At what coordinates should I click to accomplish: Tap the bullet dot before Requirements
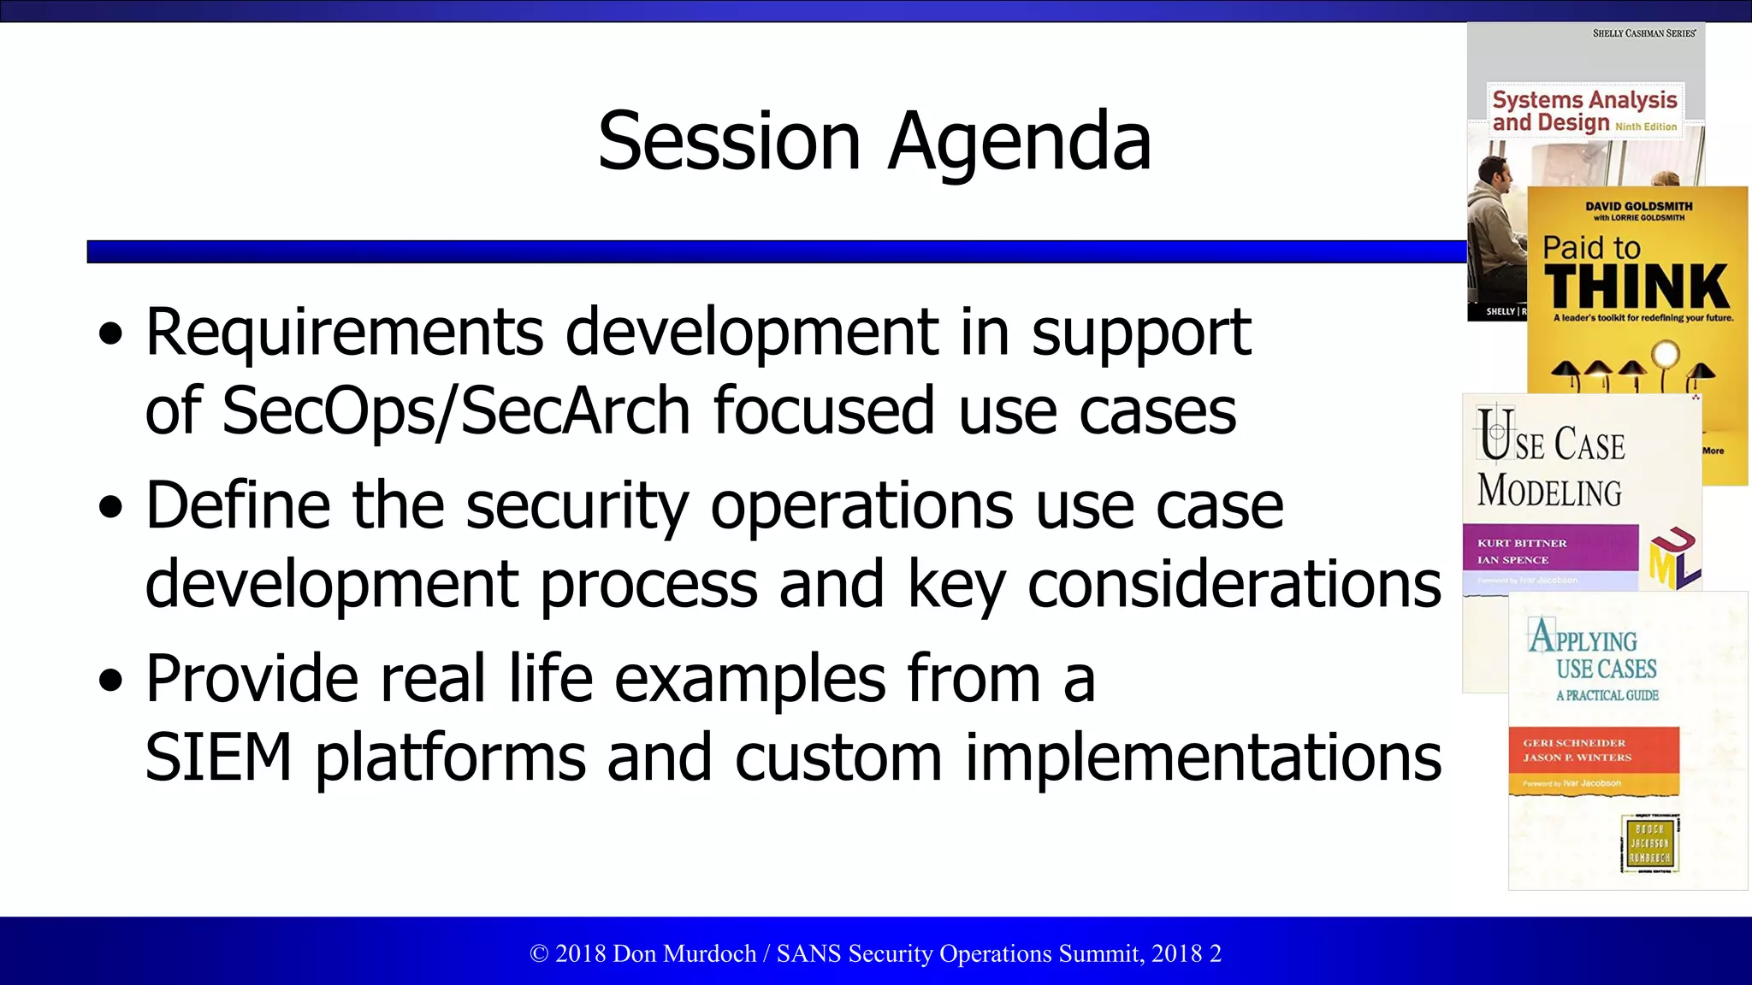111,334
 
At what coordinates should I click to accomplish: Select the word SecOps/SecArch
455,411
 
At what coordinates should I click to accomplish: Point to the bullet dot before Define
111,507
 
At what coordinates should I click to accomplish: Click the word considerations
1234,585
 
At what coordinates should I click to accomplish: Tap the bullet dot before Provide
111,681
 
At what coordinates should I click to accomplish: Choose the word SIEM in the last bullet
218,758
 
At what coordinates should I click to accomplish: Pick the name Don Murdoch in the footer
684,953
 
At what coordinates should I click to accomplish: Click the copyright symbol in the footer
539,954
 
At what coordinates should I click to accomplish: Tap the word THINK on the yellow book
1637,286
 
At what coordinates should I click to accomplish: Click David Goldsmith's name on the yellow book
1638,206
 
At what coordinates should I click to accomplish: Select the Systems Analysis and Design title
1584,111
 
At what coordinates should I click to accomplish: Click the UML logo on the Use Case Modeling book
1674,559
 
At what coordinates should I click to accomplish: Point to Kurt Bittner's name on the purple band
1522,543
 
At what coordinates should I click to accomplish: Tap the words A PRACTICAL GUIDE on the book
1607,696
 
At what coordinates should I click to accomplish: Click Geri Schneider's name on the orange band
1573,743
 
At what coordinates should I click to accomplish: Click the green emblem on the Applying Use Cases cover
1650,843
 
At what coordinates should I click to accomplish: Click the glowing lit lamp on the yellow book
1665,354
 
